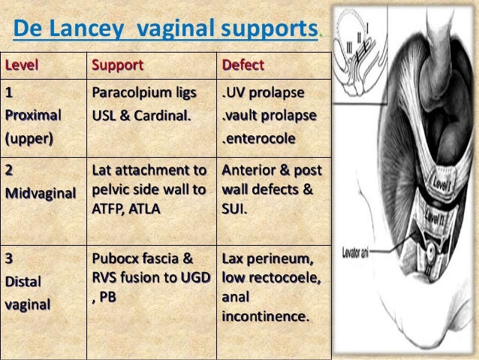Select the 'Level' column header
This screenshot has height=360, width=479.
[22, 65]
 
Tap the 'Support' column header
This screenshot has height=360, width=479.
[117, 65]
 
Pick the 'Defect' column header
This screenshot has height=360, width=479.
[243, 65]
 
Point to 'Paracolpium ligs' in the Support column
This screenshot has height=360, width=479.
[143, 93]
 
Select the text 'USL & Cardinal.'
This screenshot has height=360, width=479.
[141, 116]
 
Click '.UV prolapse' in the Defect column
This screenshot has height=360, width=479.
[262, 93]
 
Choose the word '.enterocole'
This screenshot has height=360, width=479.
[258, 140]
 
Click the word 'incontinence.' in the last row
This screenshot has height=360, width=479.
[265, 316]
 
